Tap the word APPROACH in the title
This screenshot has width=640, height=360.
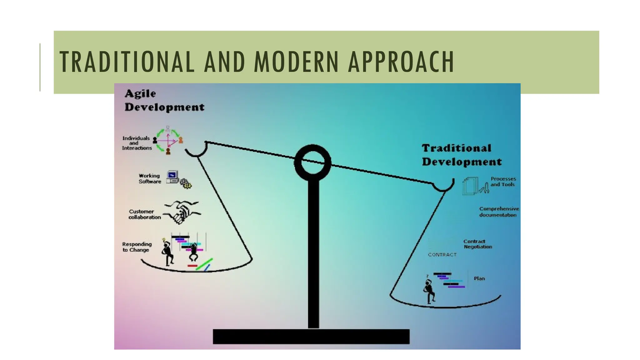pos(401,62)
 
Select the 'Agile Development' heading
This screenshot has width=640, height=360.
pos(164,100)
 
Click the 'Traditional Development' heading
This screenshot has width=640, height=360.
pos(462,155)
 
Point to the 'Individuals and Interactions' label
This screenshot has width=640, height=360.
pos(137,143)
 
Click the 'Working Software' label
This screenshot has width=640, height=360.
pos(150,179)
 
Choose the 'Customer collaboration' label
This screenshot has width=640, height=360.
pos(144,214)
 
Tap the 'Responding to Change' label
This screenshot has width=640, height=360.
pos(137,247)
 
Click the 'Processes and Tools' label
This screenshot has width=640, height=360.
pos(503,182)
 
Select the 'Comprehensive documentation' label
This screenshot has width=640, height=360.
pos(499,212)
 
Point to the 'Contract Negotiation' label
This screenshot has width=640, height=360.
pos(477,244)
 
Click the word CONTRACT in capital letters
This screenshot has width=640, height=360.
pos(442,255)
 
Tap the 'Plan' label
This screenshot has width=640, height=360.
pos(479,278)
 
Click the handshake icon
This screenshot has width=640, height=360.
pos(182,212)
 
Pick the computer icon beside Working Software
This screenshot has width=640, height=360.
pos(172,177)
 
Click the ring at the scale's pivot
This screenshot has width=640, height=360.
pos(312,162)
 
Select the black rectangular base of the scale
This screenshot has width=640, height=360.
pos(311,337)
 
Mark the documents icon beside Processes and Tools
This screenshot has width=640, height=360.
pos(470,186)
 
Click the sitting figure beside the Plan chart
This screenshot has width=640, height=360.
pos(429,291)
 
